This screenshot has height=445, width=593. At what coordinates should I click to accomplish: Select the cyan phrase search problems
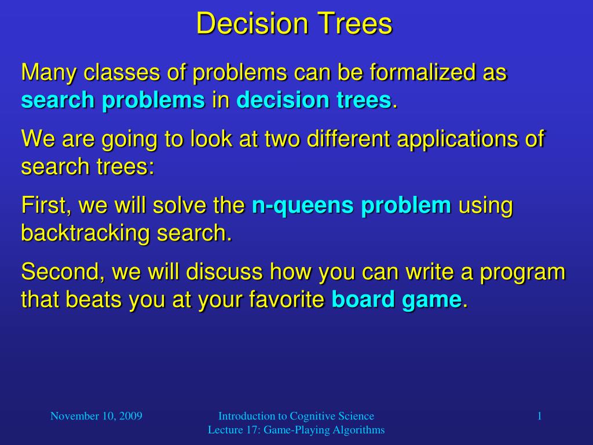(113, 101)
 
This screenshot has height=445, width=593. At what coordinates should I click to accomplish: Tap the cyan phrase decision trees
(313, 101)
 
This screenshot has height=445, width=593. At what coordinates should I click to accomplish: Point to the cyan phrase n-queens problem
(351, 206)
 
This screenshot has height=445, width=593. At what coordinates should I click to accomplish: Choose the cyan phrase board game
(397, 300)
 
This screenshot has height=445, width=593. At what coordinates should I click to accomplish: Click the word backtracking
(82, 234)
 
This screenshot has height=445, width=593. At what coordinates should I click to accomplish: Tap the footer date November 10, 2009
(96, 416)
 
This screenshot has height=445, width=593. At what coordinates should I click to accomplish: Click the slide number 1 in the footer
(539, 416)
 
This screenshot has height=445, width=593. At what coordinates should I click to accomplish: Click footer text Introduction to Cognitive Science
(296, 416)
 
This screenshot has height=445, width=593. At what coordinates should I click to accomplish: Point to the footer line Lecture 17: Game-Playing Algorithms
(296, 430)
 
